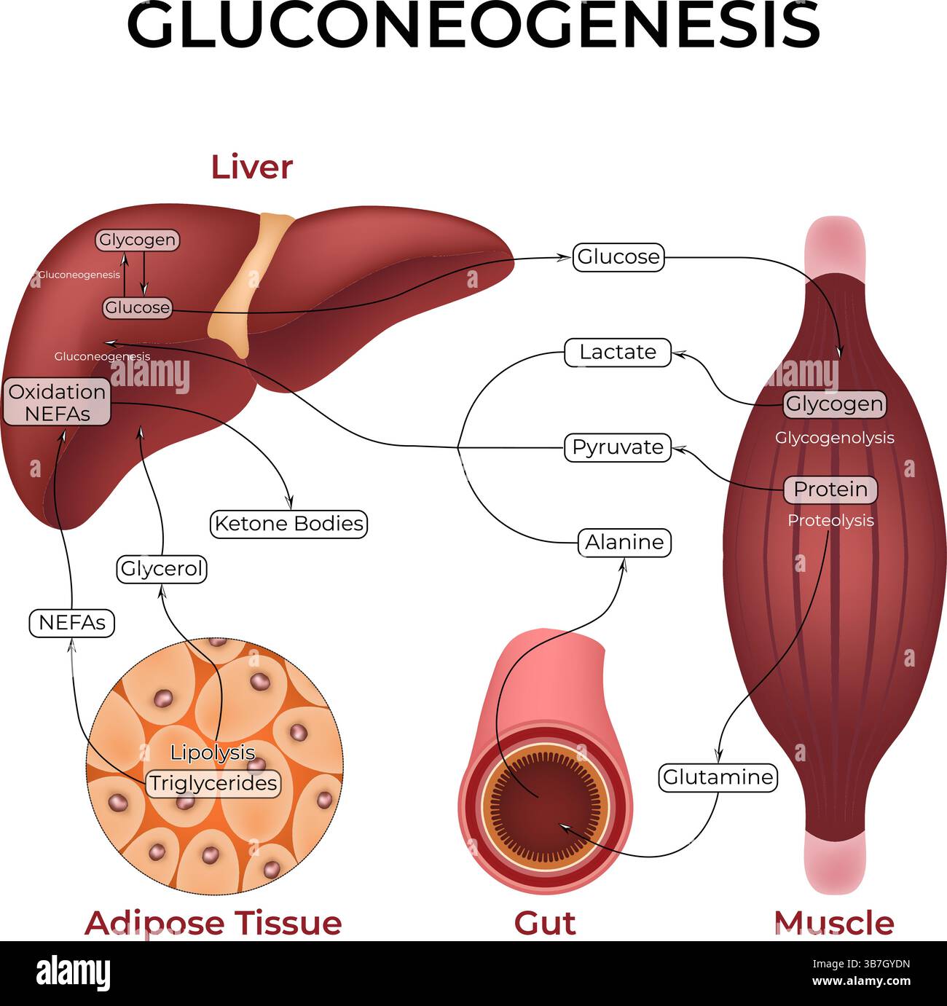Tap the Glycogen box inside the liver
(137, 240)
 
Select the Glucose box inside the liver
(137, 307)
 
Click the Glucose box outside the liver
(618, 257)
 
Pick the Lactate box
(617, 352)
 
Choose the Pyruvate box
(617, 447)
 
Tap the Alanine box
(624, 542)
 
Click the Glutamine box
(718, 777)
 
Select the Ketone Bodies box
(288, 524)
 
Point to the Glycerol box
(162, 568)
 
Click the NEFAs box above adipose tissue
(72, 623)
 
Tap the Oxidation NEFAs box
(57, 402)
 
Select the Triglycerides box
(213, 784)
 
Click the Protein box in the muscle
(830, 490)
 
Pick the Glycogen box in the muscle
(834, 404)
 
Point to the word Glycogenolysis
(834, 438)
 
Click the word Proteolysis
(830, 521)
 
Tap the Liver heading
(251, 167)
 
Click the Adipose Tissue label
(213, 923)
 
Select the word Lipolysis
(213, 752)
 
